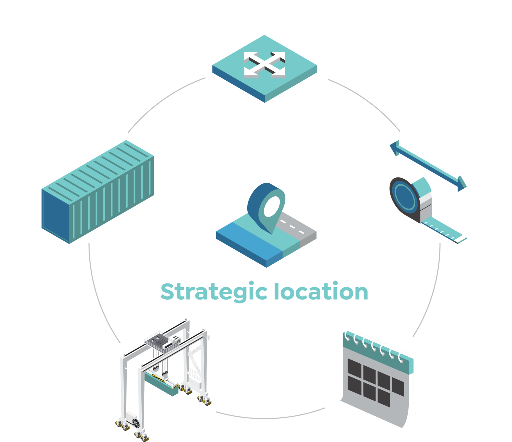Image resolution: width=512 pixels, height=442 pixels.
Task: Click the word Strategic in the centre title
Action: click(214, 292)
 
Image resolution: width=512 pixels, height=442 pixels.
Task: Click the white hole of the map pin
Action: click(272, 206)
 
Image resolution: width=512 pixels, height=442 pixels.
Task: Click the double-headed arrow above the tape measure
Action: click(428, 166)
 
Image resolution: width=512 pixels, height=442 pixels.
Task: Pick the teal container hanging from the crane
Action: click(161, 383)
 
